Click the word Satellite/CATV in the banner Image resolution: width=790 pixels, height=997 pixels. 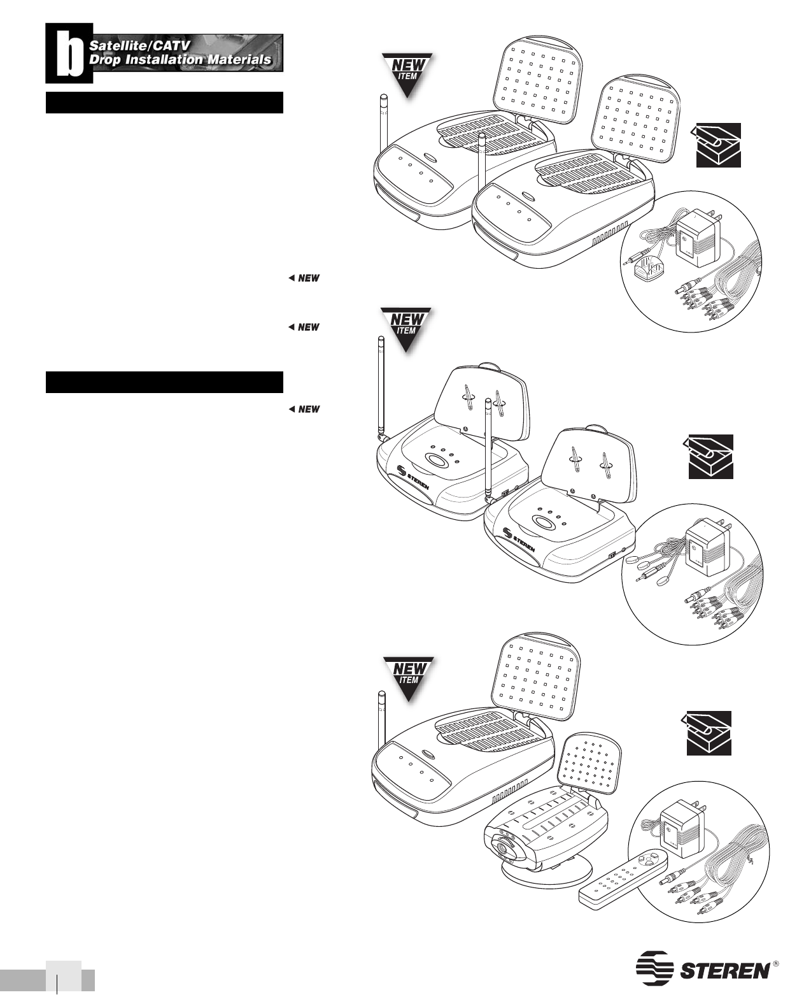pos(139,46)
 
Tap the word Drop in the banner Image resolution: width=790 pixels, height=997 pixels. pos(104,60)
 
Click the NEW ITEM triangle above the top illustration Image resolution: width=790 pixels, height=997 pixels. pos(407,72)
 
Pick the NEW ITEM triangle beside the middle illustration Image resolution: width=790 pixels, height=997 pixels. pos(406,326)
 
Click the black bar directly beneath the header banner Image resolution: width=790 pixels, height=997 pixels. pos(164,103)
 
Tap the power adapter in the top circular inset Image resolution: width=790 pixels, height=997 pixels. pos(699,236)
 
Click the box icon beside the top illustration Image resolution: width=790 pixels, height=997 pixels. pos(717,145)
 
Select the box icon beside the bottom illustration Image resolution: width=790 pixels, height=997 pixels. pos(708,733)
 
